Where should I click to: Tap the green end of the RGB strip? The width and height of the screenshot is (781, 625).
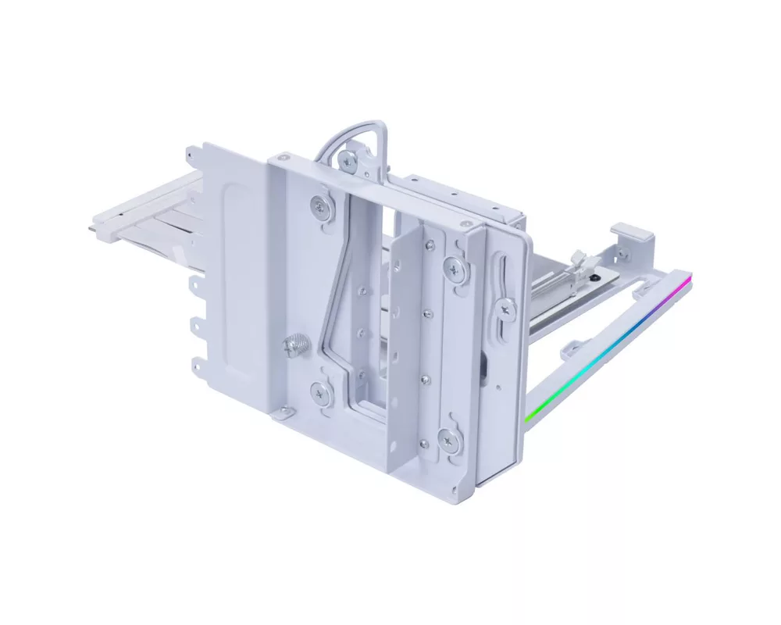pos(529,416)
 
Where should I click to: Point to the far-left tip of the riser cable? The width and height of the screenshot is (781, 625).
pos(95,227)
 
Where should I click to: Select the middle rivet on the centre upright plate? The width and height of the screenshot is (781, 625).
pos(426,315)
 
